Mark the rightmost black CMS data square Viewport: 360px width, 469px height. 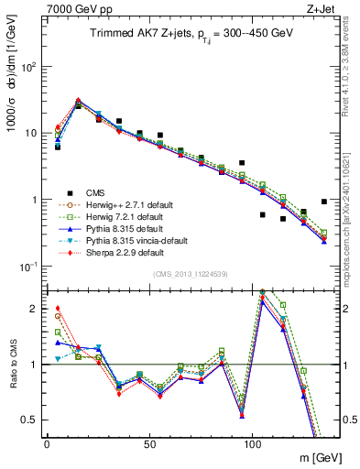pos(324,202)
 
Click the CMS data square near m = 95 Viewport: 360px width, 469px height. pos(242,163)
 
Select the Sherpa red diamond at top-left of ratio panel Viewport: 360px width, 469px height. pos(58,309)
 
